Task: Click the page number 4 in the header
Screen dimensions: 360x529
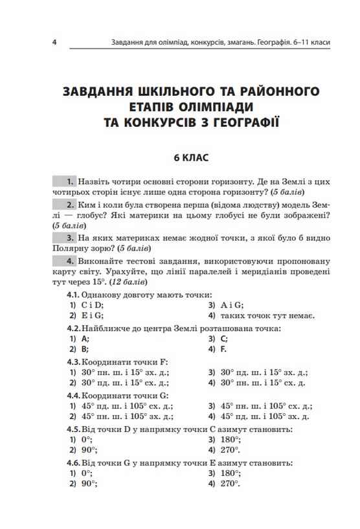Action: point(55,43)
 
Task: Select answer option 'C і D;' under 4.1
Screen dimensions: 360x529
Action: point(93,304)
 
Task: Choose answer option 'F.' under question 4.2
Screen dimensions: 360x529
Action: point(223,350)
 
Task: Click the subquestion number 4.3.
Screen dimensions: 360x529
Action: point(74,361)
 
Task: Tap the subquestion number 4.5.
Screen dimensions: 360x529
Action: point(74,429)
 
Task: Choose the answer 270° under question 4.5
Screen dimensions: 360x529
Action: point(229,450)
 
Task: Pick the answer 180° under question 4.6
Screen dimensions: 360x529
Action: point(229,473)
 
